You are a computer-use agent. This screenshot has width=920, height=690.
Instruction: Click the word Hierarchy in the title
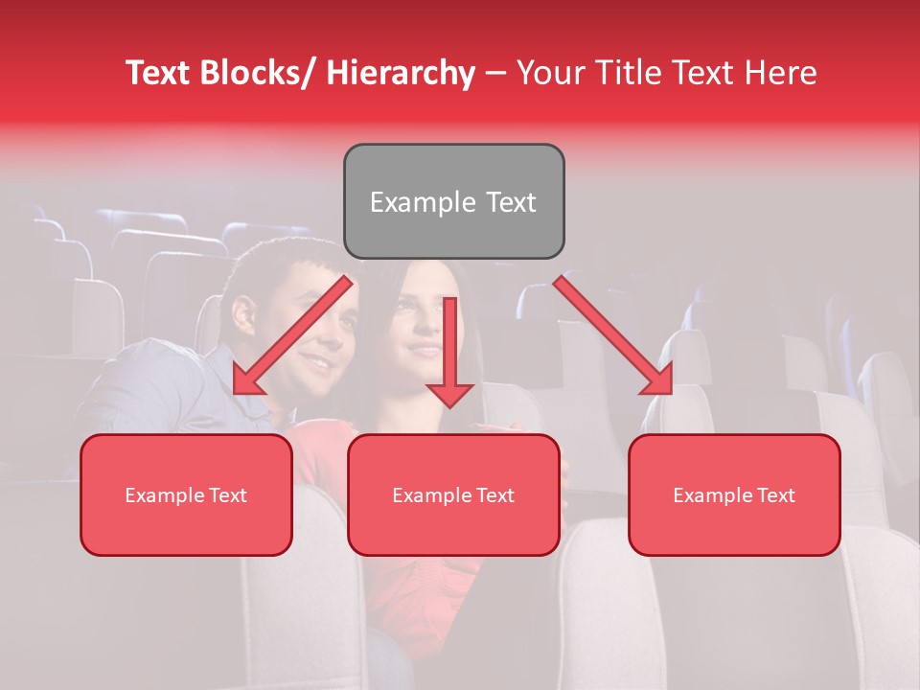(x=401, y=73)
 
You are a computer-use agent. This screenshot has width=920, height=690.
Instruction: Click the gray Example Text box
(x=453, y=201)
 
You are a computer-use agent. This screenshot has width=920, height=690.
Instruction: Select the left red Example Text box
(x=186, y=494)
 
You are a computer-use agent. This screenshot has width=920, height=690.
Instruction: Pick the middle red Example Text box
(x=453, y=494)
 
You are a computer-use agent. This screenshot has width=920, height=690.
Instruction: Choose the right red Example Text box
(x=734, y=494)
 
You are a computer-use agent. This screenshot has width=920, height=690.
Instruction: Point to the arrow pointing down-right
(x=613, y=335)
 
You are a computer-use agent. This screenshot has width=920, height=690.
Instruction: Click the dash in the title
(x=495, y=73)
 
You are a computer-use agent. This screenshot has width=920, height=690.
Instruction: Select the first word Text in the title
(x=159, y=73)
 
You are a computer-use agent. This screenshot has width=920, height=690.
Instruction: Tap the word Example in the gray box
(x=409, y=202)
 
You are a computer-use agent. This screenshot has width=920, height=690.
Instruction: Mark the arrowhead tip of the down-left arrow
(x=235, y=394)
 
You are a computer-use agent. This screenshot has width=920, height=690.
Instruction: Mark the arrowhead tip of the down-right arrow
(x=671, y=394)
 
